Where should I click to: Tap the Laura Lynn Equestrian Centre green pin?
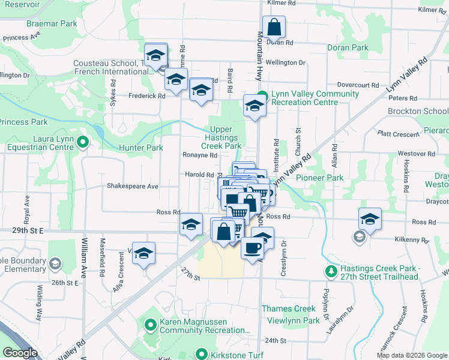(x=83, y=142)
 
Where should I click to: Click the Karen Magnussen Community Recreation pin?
(x=151, y=325)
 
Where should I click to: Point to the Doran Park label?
(x=347, y=47)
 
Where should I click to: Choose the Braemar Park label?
(x=52, y=23)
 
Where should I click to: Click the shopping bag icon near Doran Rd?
(x=273, y=27)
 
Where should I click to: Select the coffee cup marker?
(x=253, y=247)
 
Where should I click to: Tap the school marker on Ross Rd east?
(x=370, y=219)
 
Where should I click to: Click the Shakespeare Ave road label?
(x=133, y=187)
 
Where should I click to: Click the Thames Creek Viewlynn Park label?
(x=291, y=314)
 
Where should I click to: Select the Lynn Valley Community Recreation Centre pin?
(x=263, y=94)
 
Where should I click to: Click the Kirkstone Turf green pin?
(x=203, y=355)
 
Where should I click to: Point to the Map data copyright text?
(x=411, y=355)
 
